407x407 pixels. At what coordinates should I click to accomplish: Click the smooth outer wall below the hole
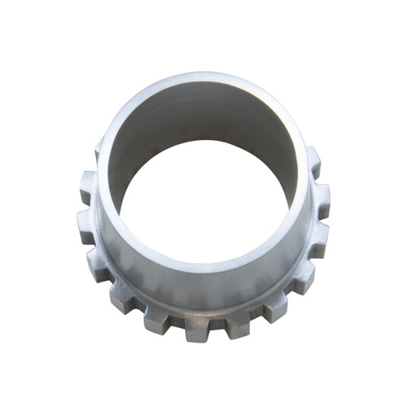(203, 281)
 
